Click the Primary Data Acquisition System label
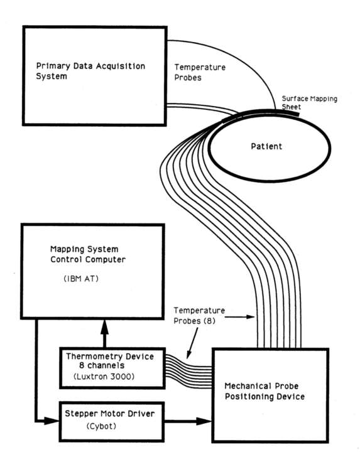tap(90, 71)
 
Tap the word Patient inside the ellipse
tap(266, 146)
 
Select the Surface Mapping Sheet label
tap(309, 102)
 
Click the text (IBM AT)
tap(81, 279)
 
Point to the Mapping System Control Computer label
tap(88, 254)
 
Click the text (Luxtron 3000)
tap(104, 376)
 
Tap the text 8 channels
tap(102, 365)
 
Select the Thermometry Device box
tap(112, 368)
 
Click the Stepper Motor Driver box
tap(111, 422)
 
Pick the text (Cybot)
tap(101, 426)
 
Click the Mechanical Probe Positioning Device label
tap(265, 391)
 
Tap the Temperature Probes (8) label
tap(199, 316)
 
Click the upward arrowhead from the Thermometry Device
tap(104, 327)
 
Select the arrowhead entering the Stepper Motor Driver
tap(52, 421)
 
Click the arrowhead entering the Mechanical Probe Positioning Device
tap(204, 421)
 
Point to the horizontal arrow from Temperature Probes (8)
tap(239, 317)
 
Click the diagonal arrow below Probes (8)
tap(192, 343)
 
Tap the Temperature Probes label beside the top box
tap(200, 72)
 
